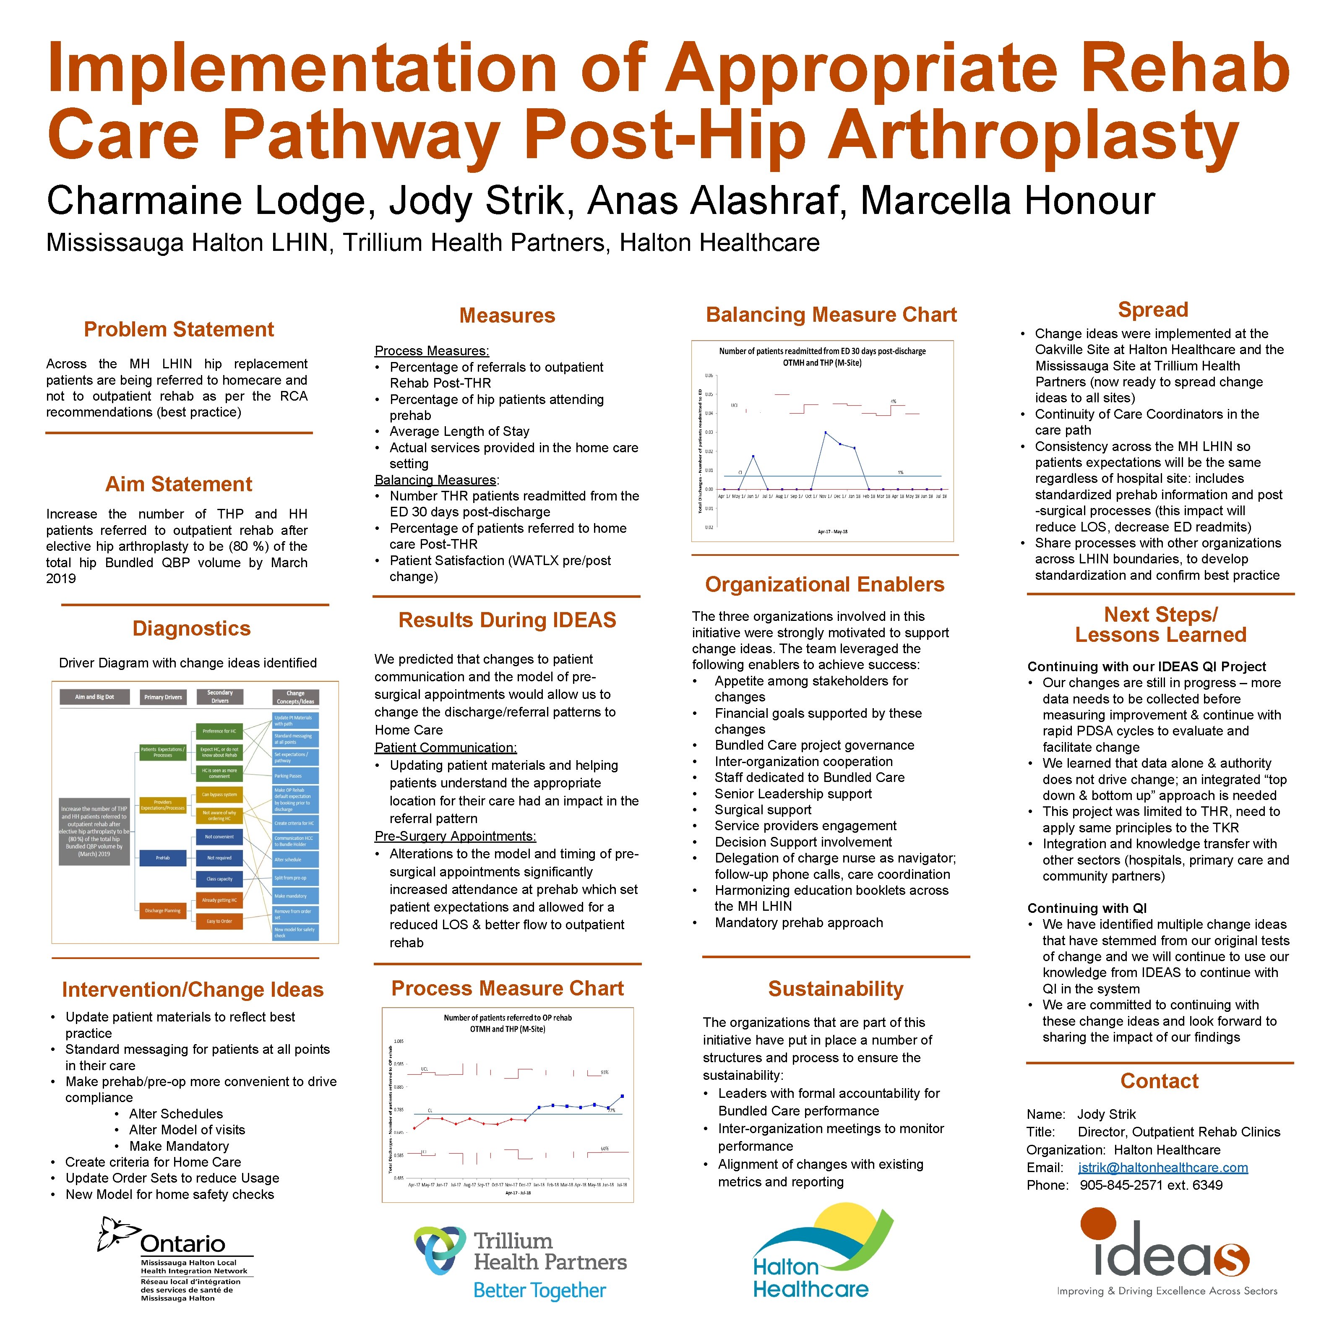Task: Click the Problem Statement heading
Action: pos(178,329)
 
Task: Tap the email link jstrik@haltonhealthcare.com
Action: pos(1162,1167)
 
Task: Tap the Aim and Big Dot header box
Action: pos(95,697)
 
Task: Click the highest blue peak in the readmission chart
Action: pos(826,433)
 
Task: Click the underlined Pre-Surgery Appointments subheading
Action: pos(455,836)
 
